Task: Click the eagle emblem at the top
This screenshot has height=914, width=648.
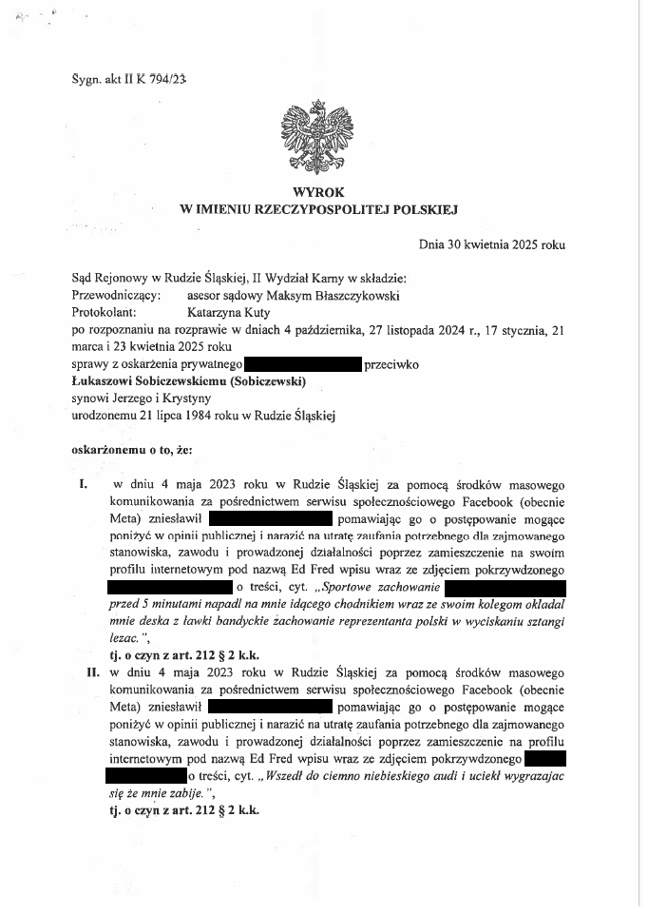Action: (x=323, y=135)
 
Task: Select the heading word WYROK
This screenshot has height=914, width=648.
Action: (x=324, y=191)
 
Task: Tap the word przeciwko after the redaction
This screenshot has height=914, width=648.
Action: (x=391, y=363)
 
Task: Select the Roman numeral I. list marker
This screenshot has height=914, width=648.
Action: (x=84, y=484)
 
